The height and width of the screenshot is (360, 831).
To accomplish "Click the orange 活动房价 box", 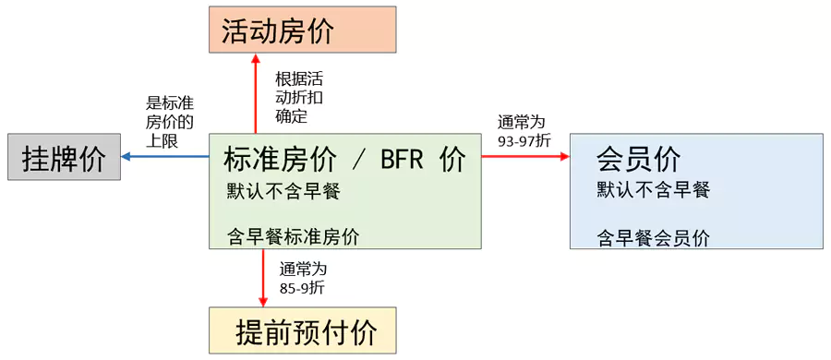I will [302, 30].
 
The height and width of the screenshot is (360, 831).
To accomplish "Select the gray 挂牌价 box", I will [64, 157].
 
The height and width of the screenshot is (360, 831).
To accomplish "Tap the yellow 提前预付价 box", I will [302, 330].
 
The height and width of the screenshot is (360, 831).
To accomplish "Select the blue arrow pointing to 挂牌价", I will [166, 157].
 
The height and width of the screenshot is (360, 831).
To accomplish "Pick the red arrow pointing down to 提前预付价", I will [263, 277].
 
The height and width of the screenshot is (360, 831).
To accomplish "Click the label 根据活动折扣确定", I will [299, 97].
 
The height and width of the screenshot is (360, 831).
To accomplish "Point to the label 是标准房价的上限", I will [169, 122].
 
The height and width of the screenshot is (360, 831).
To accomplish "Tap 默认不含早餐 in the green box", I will [283, 191].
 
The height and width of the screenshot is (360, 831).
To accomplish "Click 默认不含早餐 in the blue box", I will [653, 189].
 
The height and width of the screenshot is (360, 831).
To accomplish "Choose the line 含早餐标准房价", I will [293, 235].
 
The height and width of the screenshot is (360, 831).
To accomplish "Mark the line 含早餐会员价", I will [653, 237].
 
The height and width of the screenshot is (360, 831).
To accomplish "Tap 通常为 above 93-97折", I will [522, 121].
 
